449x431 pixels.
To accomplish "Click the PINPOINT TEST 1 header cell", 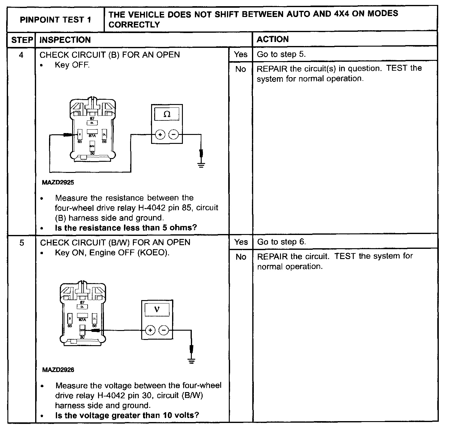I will (56, 20).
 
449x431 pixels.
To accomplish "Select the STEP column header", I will (22, 40).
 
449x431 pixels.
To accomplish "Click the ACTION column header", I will (273, 39).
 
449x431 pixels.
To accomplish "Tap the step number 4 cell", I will (21, 55).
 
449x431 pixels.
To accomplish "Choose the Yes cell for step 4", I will (241, 54).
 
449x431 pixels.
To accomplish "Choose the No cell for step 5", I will (241, 257).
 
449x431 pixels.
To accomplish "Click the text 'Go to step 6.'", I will (282, 242).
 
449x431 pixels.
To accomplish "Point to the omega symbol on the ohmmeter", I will (167, 115).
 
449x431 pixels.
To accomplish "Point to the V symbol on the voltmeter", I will (157, 309).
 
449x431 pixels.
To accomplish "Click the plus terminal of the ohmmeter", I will (160, 135).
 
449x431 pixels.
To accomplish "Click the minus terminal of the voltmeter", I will (163, 330).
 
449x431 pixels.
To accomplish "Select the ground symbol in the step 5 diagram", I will (192, 360).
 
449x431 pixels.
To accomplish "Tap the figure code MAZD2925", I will (58, 182).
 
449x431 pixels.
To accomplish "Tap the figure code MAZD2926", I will (58, 370).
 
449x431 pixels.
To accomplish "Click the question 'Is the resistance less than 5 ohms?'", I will (126, 228).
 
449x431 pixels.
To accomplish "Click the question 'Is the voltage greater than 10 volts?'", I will (127, 415).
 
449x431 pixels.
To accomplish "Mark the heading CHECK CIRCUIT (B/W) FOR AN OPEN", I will (115, 242).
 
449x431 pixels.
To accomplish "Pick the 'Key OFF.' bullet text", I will (72, 65).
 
